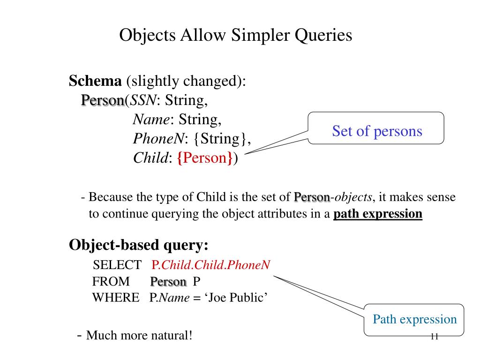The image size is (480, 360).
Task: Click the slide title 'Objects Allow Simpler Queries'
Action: pyautogui.click(x=235, y=35)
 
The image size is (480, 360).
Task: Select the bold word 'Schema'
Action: pyautogui.click(x=95, y=81)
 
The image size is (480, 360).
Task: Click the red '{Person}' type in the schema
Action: pyautogui.click(x=205, y=158)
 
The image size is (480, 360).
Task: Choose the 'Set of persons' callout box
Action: pyautogui.click(x=376, y=131)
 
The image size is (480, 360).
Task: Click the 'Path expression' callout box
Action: pyautogui.click(x=414, y=320)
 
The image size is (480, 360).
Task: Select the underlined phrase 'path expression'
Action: pyautogui.click(x=378, y=214)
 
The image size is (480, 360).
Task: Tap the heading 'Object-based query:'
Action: pyautogui.click(x=139, y=245)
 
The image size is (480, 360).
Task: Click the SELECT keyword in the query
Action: pyautogui.click(x=117, y=265)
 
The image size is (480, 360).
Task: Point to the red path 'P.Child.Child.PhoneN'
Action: pyautogui.click(x=211, y=265)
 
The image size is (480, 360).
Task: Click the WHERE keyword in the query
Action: pyautogui.click(x=116, y=297)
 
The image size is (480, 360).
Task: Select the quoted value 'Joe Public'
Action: pyautogui.click(x=236, y=297)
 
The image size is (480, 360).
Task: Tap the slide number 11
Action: pyautogui.click(x=434, y=337)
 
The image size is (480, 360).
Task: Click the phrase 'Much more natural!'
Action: pyautogui.click(x=140, y=336)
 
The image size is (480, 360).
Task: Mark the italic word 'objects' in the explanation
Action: pyautogui.click(x=353, y=197)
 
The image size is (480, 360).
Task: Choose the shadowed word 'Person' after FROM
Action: pyautogui.click(x=168, y=281)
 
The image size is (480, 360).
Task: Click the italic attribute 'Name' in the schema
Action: pyautogui.click(x=151, y=120)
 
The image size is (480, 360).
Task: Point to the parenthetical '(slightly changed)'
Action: pyautogui.click(x=186, y=81)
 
